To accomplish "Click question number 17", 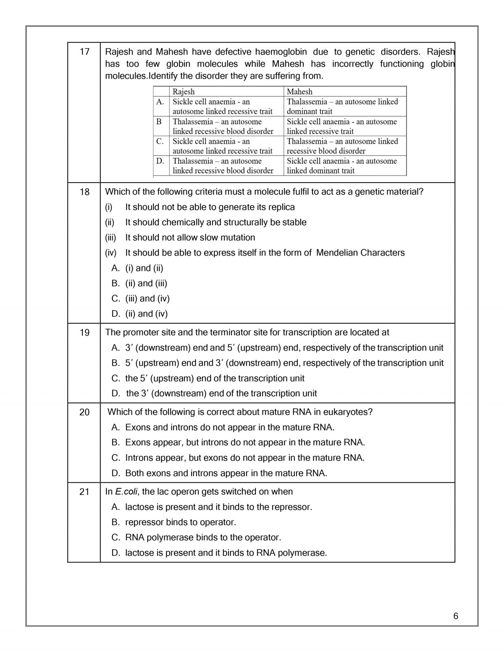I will (84, 52).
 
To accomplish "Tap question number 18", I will (84, 192).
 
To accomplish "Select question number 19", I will (84, 333).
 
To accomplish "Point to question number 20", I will (84, 412).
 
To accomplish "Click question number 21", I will (84, 492).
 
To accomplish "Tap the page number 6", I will (456, 616).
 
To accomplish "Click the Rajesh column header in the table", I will (184, 92).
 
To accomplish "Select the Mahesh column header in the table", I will (299, 92).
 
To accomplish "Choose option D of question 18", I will (140, 314).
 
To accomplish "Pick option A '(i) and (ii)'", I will (138, 268).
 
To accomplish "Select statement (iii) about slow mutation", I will (190, 238).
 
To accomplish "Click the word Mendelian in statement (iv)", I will (336, 253).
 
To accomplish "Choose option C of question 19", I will (208, 378).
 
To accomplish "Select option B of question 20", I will (239, 443).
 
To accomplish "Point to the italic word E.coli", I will (126, 492).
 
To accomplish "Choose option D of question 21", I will (220, 553).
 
